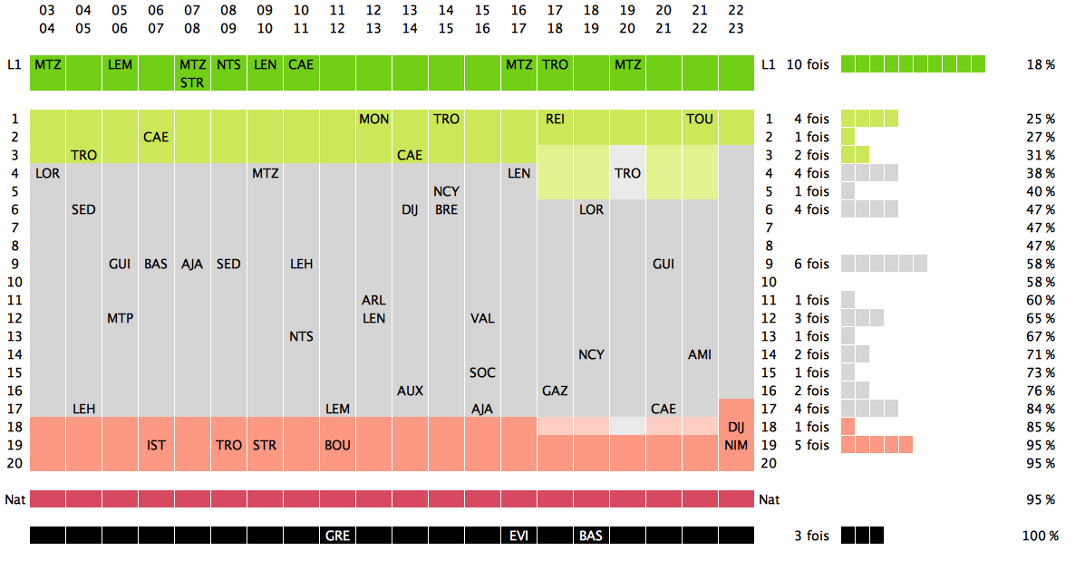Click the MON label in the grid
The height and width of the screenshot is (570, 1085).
373,119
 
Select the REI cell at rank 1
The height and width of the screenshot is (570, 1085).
555,119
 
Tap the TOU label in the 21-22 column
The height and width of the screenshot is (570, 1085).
700,119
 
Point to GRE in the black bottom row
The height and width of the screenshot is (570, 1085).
337,536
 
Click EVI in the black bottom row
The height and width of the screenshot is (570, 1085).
518,536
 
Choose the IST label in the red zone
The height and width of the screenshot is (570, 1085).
156,445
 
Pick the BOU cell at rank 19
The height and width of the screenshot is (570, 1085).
337,445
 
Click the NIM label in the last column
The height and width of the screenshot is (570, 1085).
736,445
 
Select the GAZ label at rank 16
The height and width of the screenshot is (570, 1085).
555,391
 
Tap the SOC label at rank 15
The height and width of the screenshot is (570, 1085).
482,372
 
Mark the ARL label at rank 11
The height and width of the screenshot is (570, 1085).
373,300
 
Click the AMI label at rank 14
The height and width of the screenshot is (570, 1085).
700,354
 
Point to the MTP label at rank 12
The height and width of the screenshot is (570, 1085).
120,318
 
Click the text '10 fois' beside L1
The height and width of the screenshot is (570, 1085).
807,64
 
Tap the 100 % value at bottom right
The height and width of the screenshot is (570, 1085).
1040,536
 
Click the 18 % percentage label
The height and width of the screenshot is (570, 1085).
1041,64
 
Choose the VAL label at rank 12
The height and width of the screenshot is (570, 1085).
482,318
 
